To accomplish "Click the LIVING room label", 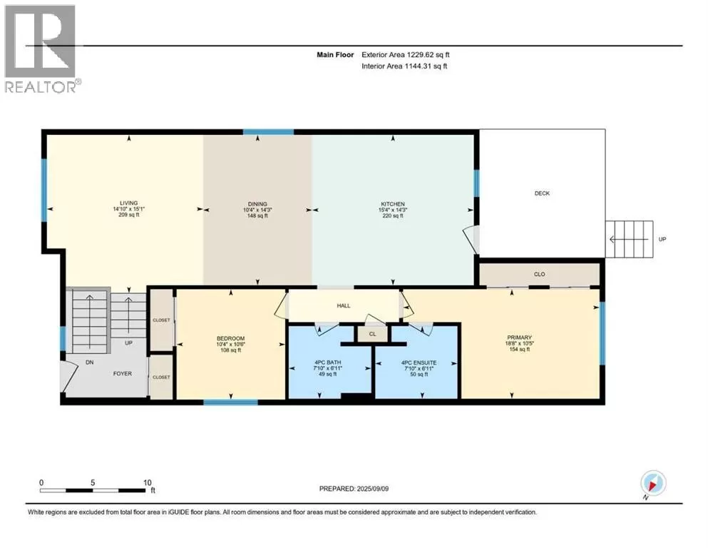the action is pos(128,203).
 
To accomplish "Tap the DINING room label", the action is pos(257,204).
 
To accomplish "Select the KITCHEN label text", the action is pos(392,204).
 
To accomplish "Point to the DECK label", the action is pos(542,193).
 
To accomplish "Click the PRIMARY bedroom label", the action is pos(519,338).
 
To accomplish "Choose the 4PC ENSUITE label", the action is pos(419,362).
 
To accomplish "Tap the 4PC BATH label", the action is pos(328,362).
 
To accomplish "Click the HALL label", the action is pos(344,306).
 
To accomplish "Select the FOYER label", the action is pos(123,374).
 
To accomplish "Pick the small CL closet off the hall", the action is pos(372,334).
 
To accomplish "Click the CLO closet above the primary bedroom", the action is pos(540,274).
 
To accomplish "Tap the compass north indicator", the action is pos(653,483).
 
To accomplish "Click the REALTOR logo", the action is pos(41,49).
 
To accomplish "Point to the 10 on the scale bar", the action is pos(147,482).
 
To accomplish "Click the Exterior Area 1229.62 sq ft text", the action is pos(406,55).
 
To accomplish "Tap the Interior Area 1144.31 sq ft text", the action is pos(404,66).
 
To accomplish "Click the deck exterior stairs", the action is pos(629,239).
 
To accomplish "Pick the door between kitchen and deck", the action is pos(471,239).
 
